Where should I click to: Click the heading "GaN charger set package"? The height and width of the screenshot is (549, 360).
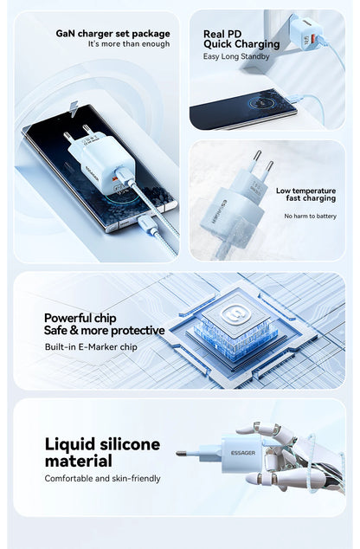(x=113, y=34)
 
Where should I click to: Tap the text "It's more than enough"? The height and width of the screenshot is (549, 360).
(x=129, y=44)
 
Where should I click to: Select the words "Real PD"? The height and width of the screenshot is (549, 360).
(x=222, y=34)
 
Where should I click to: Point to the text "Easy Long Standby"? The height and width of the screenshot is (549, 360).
(x=236, y=56)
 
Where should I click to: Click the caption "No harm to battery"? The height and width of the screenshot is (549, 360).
(x=311, y=216)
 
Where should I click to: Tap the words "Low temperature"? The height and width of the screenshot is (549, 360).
(x=305, y=191)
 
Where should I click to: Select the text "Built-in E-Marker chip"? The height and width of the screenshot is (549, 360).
(x=91, y=347)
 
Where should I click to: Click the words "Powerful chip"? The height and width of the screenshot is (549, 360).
(x=80, y=318)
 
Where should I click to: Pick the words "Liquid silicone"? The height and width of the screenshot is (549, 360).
(x=102, y=444)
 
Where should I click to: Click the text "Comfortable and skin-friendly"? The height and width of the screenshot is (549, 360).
(x=102, y=478)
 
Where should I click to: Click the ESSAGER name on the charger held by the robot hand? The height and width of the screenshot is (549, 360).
(x=243, y=453)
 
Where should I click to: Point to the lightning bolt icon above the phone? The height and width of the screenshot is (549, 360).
(x=74, y=109)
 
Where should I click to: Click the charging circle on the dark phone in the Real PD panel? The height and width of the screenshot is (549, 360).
(x=261, y=104)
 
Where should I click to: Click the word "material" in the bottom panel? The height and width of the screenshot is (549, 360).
(x=79, y=461)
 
